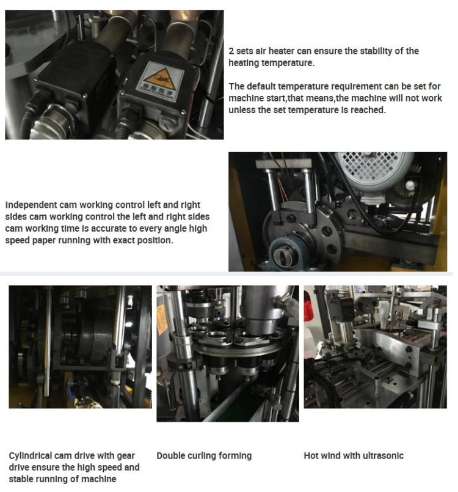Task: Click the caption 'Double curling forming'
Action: click(x=204, y=456)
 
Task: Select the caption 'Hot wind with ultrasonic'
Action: click(x=354, y=456)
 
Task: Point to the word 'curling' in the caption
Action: click(x=203, y=456)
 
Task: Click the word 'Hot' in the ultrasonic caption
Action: click(x=311, y=456)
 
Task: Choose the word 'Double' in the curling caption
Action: click(x=170, y=456)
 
